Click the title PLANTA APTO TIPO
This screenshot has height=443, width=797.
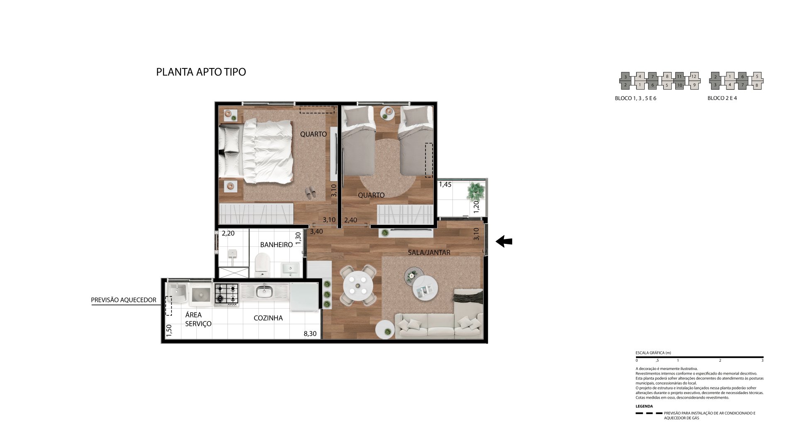(x=201, y=72)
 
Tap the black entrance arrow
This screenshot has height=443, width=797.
(x=504, y=241)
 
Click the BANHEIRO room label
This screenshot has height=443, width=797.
(x=276, y=245)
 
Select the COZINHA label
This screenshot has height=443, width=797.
(x=268, y=318)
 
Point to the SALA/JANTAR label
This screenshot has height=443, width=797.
(x=429, y=252)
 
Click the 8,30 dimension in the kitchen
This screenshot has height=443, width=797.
(x=310, y=333)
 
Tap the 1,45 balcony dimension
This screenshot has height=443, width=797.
(x=445, y=185)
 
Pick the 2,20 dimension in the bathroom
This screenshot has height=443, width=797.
(x=228, y=234)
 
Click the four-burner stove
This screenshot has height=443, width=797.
(x=227, y=295)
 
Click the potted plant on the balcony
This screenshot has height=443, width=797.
(x=475, y=191)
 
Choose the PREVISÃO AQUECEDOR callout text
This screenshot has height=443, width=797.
(x=124, y=300)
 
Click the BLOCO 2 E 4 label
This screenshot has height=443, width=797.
(x=722, y=98)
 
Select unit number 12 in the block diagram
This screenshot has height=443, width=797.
(x=694, y=76)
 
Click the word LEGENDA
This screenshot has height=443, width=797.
(x=644, y=406)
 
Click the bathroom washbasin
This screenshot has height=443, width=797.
(x=290, y=269)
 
